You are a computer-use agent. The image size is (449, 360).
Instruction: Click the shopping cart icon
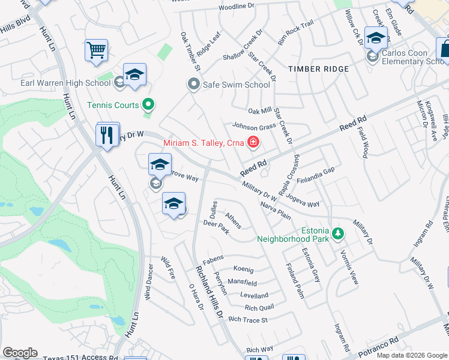click(x=96, y=50)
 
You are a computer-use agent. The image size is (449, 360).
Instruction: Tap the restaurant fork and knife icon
click(x=107, y=134)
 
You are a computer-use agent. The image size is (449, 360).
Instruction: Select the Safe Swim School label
click(x=236, y=85)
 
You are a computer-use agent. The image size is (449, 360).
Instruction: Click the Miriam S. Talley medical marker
click(x=253, y=143)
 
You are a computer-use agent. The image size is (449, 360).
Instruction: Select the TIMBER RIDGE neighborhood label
click(x=318, y=69)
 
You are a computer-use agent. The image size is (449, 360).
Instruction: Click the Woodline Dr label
click(x=237, y=7)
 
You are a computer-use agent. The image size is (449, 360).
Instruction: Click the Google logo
click(x=20, y=353)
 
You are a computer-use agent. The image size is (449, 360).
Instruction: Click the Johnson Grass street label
click(x=254, y=127)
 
